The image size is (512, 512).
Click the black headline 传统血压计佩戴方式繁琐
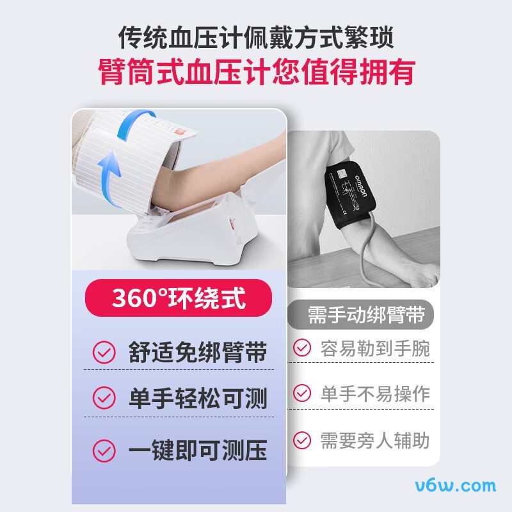click(256, 36)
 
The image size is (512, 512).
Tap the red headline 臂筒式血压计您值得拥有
click(256, 72)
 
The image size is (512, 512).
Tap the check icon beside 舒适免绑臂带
click(104, 351)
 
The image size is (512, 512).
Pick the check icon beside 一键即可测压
click(104, 451)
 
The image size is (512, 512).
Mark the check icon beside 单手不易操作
click(302, 392)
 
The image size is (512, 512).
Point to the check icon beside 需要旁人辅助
click(302, 440)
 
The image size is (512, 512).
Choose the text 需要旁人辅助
click(375, 440)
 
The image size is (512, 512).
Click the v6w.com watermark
click(456, 484)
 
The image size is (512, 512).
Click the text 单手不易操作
click(375, 393)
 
